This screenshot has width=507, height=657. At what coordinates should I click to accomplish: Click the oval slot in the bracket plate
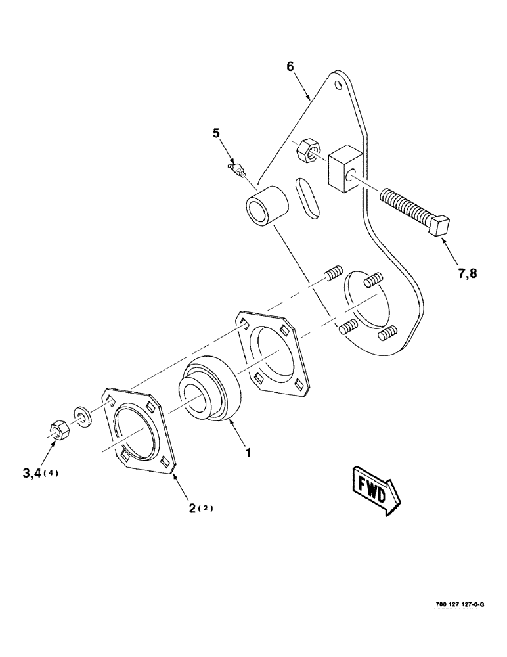tap(305, 196)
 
